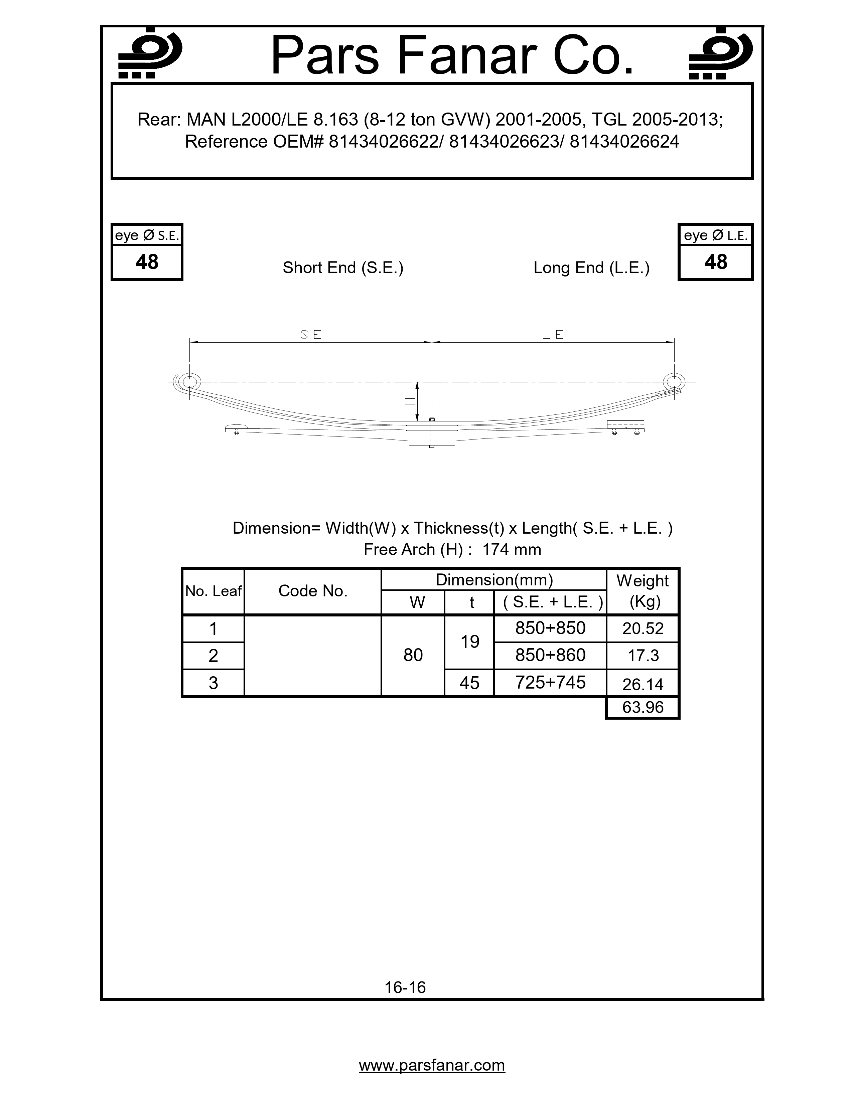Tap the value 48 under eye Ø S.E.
(x=147, y=262)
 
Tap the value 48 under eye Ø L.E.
(x=716, y=262)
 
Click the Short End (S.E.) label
(x=343, y=267)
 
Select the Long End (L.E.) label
(x=591, y=267)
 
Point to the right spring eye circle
(x=674, y=381)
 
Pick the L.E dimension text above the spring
(x=553, y=335)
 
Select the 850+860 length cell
(x=550, y=655)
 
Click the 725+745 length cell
(x=550, y=682)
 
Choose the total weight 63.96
(x=643, y=707)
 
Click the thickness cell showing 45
(x=469, y=683)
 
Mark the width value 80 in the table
(x=413, y=655)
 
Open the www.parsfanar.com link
(x=432, y=1065)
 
